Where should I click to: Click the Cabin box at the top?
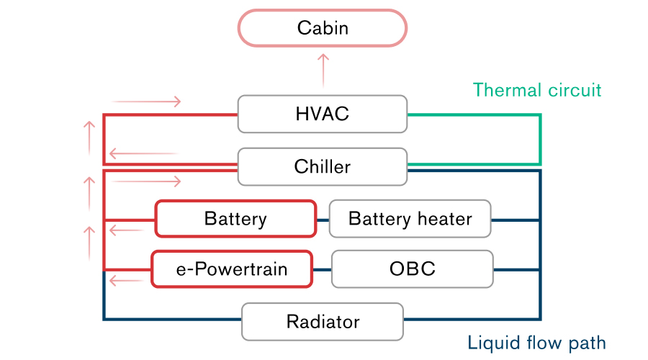pos(323,28)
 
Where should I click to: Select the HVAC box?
pos(323,114)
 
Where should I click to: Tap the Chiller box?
pos(323,167)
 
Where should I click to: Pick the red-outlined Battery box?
pos(235,219)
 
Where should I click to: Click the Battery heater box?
pos(410,219)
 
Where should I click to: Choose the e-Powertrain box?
pos(232,269)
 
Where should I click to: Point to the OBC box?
pos(412,269)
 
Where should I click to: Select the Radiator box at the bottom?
pos(323,321)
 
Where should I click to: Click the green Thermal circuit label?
pos(536,90)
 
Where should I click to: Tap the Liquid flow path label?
pos(536,342)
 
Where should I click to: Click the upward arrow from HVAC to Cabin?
pos(323,70)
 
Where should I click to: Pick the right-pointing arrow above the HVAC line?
pos(146,102)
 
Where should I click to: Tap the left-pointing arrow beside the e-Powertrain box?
pos(127,281)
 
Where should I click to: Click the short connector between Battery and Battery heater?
pos(323,220)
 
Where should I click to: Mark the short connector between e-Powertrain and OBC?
pos(322,270)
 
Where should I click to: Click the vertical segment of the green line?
pos(540,139)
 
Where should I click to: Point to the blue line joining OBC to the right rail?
pos(516,270)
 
